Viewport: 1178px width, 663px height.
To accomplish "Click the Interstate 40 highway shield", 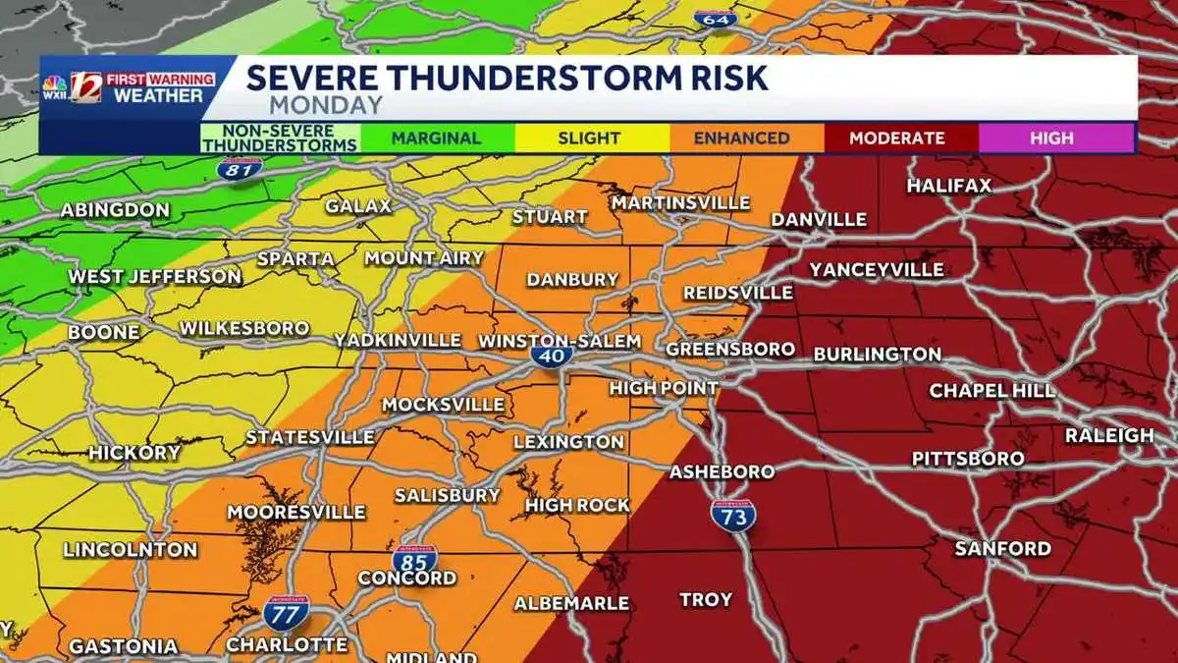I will point(553,356).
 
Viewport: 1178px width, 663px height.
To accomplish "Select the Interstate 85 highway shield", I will point(415,560).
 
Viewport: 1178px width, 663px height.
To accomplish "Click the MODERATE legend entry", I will point(897,138).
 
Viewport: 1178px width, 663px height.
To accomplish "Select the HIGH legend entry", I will point(1051,138).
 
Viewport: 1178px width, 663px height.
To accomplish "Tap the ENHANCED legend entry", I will point(741,138).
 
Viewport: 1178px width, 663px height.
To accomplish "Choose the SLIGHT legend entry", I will point(589,138).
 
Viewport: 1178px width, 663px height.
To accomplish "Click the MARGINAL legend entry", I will point(436,138).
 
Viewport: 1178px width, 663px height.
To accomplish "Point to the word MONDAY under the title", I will point(326,105).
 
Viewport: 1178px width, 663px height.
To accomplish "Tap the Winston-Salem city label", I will point(559,341).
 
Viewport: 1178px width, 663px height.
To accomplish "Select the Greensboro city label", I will point(729,349).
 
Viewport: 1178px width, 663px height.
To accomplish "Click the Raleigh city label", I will point(1109,435).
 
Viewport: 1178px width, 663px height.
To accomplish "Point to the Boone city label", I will point(103,333).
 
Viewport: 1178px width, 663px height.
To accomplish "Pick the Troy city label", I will point(706,599).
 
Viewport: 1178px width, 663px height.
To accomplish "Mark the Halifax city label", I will point(948,185).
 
